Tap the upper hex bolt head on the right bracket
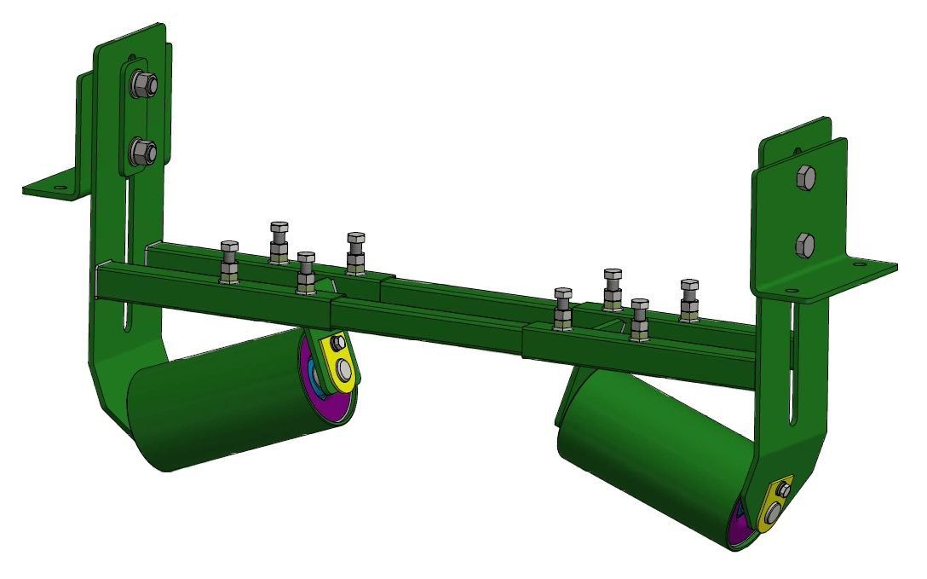tap(805, 178)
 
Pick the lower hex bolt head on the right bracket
tap(805, 246)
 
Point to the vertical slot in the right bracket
tap(797, 367)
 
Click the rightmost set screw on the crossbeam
tap(689, 299)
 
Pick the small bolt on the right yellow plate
tap(782, 489)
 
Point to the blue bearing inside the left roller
tap(314, 375)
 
